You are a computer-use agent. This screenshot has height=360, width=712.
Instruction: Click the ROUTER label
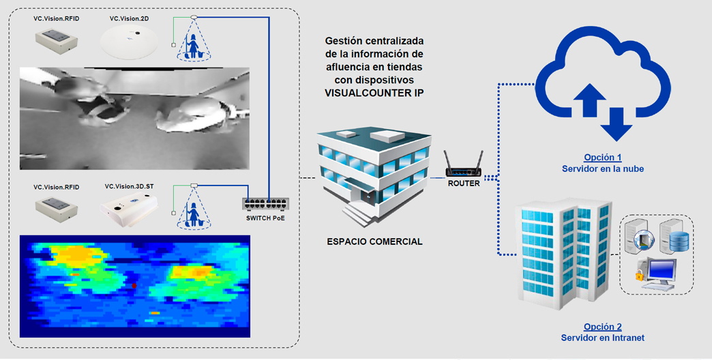[x=464, y=183]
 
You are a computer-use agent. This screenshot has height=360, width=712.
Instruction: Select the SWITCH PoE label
[x=265, y=218]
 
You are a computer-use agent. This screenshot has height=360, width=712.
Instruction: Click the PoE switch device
[x=265, y=204]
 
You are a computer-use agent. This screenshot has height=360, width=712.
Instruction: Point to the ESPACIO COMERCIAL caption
[x=374, y=241]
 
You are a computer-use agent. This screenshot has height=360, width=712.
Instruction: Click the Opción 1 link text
[x=602, y=157]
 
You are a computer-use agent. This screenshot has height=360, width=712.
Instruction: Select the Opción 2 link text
[x=602, y=327]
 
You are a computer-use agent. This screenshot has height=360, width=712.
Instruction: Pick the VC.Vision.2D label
[x=130, y=18]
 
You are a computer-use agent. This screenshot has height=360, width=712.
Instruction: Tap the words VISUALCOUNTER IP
[x=374, y=93]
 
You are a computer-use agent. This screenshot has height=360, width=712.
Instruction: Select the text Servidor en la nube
[x=602, y=168]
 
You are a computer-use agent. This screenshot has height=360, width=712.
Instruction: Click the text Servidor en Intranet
[x=602, y=337]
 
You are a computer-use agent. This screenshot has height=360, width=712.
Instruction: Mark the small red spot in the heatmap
[x=134, y=284]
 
